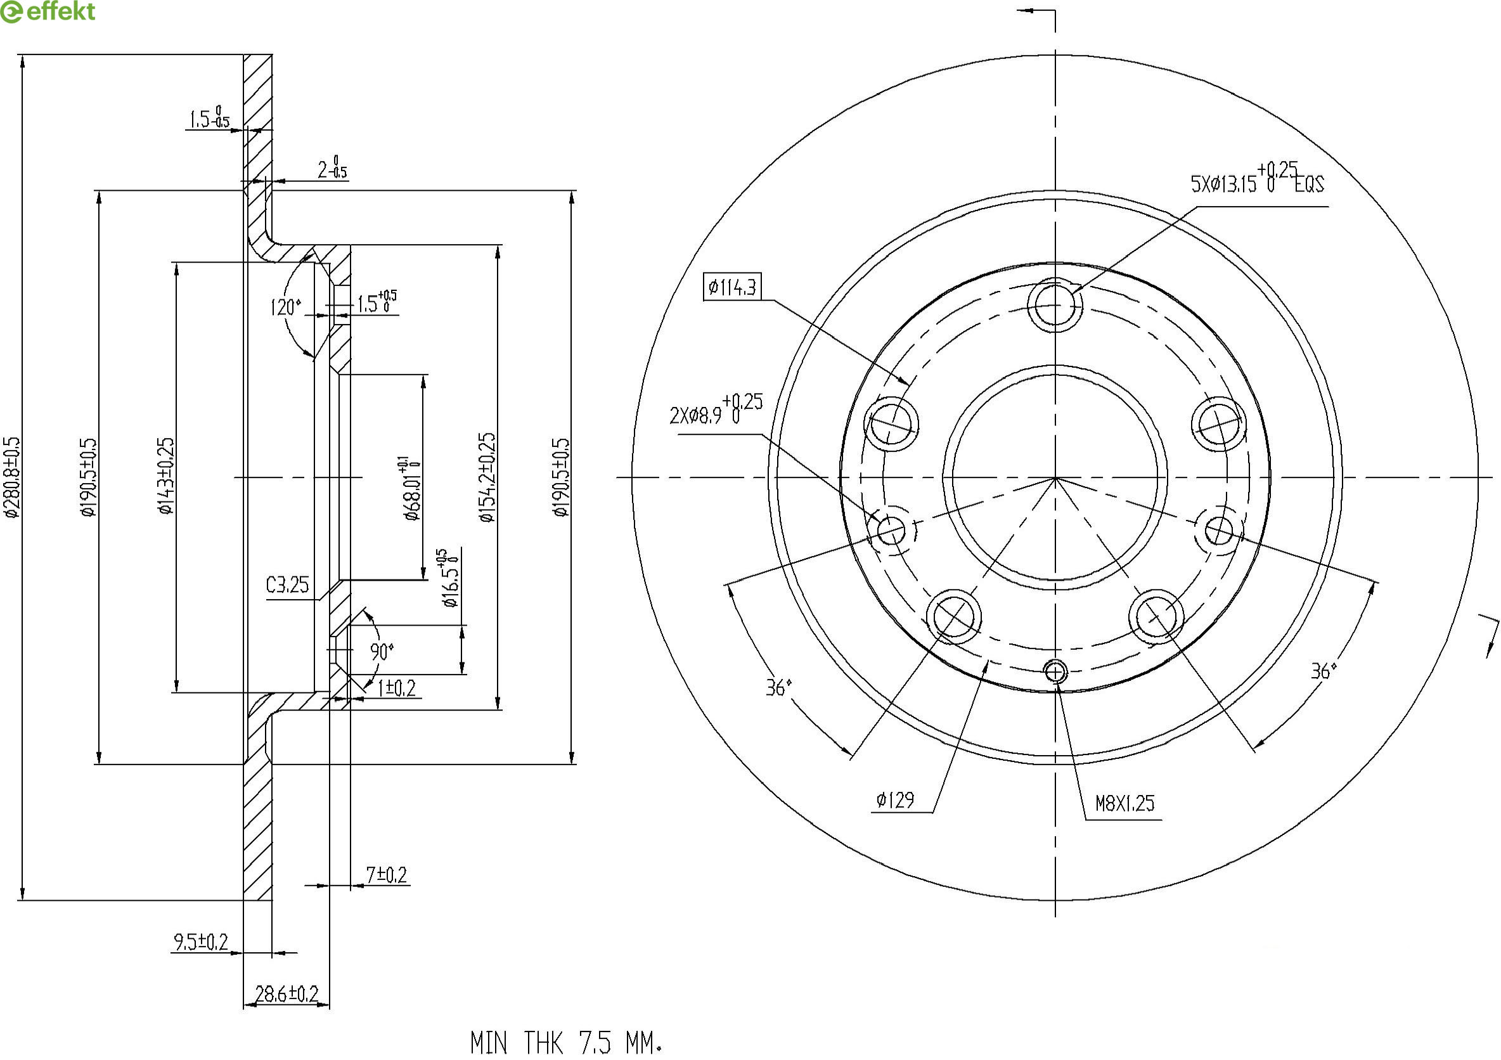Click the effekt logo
coord(48,11)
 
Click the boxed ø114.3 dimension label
coord(732,287)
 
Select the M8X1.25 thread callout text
coord(1124,803)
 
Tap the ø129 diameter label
coord(895,799)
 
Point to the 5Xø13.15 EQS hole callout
coord(1256,181)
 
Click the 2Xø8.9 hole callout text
coord(716,411)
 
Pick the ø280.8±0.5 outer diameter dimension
coord(13,477)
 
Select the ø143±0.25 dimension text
coord(166,475)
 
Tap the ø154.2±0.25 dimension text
coord(487,477)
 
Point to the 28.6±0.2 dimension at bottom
coord(287,995)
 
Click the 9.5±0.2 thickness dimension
coord(200,942)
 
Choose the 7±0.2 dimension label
coord(386,874)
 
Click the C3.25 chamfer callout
coord(287,585)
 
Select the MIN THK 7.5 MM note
coord(566,1042)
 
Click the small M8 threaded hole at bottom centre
coord(1056,671)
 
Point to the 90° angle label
coord(382,651)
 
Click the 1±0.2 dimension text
coord(396,688)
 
